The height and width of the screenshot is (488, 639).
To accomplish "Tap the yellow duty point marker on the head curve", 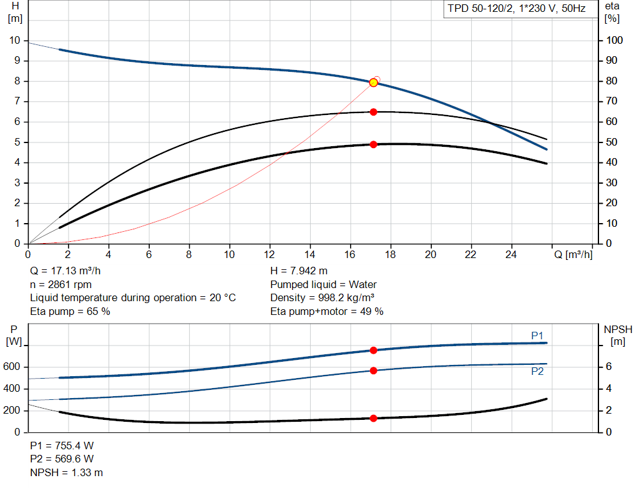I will pos(374,82).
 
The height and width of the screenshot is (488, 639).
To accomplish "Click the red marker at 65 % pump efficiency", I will pos(374,112).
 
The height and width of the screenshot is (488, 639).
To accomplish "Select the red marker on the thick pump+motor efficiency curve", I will pos(374,144).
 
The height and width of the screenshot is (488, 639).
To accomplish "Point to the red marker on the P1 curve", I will pos(374,351).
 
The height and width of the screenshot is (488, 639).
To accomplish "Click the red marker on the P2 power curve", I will pos(374,371).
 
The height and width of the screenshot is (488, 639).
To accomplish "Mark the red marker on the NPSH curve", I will pos(374,418).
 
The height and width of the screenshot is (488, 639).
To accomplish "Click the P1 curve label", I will pos(537,336).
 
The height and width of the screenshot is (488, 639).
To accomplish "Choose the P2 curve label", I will pos(537,371).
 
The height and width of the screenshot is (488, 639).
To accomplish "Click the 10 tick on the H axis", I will pos(14,41).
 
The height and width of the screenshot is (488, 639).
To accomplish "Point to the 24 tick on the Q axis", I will pos(511,255).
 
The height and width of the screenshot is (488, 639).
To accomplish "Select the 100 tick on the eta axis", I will pos(615,41).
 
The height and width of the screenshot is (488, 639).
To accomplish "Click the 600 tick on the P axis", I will pos(12,367).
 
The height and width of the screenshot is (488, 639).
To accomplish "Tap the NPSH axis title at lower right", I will pos(618,335).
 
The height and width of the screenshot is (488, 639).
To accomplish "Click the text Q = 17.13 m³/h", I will pos(66,270).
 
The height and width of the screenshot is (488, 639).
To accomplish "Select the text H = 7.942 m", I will pos(299,270).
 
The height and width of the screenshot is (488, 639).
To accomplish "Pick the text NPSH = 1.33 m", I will pos(66,472).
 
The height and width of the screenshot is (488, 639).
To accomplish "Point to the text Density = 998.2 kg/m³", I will pos(322,297).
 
